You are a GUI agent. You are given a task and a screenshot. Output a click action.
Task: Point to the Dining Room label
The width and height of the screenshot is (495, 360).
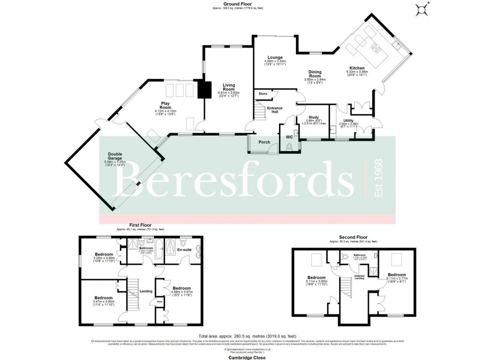point(315,74)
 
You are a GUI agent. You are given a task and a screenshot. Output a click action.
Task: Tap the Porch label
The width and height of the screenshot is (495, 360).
point(264,142)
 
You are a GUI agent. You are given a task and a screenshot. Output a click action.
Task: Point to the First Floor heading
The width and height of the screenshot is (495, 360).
point(140,225)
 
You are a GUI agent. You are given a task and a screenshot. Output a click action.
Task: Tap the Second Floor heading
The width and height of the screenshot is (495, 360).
point(353,238)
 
